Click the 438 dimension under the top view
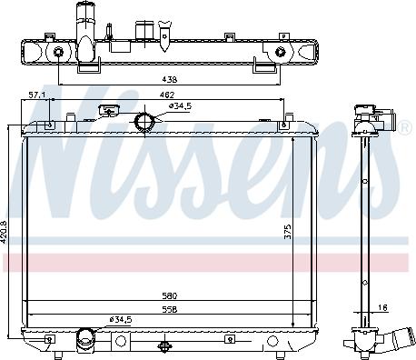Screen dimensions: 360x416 pyautogui.click(x=169, y=79)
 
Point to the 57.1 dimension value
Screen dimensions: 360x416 pyautogui.click(x=36, y=95)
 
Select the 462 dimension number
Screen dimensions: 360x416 pyautogui.click(x=168, y=95)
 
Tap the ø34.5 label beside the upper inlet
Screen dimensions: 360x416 pyautogui.click(x=181, y=107)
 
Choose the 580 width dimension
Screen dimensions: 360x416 pyautogui.click(x=169, y=295)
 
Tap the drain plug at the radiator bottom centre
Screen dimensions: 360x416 pyautogui.click(x=163, y=345)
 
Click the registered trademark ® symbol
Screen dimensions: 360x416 pyautogui.click(x=405, y=130)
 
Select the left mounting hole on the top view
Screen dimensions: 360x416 pyautogui.click(x=58, y=53)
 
